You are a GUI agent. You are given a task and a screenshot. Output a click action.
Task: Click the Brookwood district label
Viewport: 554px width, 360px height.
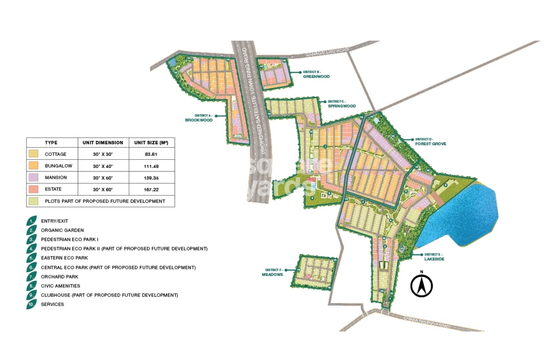[x=199, y=120]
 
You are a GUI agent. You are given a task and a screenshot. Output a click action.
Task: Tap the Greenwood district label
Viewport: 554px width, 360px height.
[x=316, y=76]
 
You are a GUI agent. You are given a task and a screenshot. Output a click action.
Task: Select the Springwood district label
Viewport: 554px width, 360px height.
[x=341, y=106]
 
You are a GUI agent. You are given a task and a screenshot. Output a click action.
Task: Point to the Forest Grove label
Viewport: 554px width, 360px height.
[x=430, y=144]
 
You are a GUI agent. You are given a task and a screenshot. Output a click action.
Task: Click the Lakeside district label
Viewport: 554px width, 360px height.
[x=434, y=259]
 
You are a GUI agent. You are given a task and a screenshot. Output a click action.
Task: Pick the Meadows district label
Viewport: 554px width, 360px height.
[x=272, y=274]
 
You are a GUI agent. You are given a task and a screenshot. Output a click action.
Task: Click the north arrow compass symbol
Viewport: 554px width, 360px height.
[x=421, y=285]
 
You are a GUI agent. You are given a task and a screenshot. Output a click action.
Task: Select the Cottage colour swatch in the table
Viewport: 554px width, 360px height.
[x=33, y=154]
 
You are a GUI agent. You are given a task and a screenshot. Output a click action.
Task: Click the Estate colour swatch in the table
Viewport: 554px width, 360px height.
[x=33, y=189]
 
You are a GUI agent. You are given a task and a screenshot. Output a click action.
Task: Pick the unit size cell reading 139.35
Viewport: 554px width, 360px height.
[x=151, y=178]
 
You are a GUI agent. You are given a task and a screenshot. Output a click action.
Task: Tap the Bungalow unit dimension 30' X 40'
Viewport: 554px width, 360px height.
[x=103, y=166]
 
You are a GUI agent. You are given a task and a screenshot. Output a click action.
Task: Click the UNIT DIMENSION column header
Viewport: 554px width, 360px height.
[x=103, y=142]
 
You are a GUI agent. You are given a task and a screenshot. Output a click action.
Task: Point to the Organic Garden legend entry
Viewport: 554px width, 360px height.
[x=62, y=230]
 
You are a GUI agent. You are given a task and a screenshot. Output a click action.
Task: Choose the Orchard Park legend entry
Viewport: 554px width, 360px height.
[x=60, y=277]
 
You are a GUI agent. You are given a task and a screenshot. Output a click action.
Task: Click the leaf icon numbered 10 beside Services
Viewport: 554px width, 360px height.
[x=31, y=304]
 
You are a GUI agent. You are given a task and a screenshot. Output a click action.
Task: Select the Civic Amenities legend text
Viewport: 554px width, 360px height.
[x=60, y=286]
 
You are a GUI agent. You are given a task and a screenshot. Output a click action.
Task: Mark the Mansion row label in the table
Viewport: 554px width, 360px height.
[x=56, y=177]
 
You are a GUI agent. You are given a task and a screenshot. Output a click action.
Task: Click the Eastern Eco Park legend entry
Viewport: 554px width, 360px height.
[x=64, y=258]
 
